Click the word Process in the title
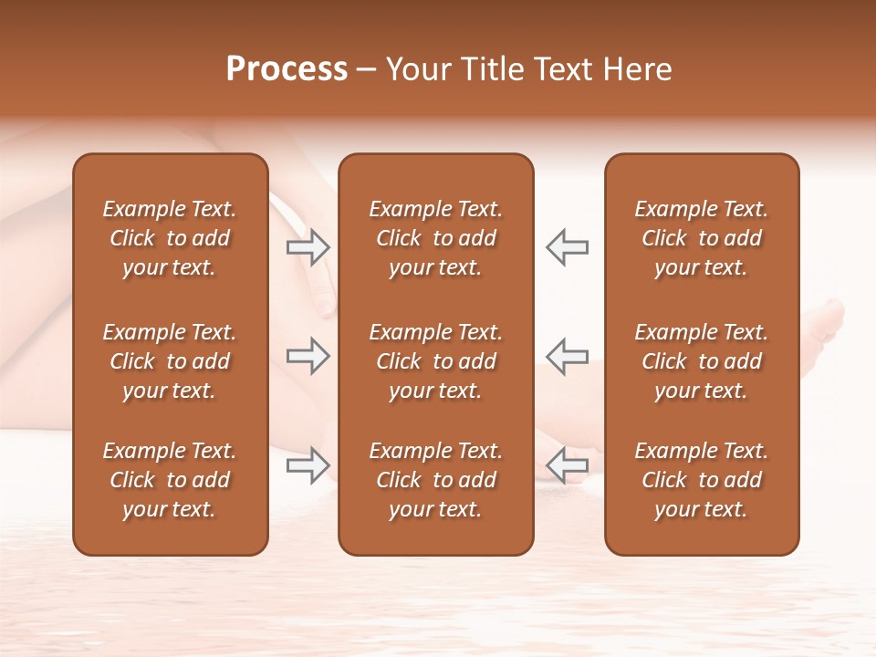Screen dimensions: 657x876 point(287,69)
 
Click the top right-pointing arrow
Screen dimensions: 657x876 point(308,246)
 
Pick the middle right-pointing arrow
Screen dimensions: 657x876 point(308,356)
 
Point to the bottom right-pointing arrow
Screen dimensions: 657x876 point(308,465)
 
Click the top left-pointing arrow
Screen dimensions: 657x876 point(567,246)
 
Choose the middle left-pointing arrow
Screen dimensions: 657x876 point(567,356)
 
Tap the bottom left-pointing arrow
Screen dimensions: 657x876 point(567,465)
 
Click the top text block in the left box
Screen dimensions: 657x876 point(170,238)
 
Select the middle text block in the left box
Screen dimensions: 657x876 point(170,361)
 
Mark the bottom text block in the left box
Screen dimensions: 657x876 point(170,480)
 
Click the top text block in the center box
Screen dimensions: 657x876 point(435,238)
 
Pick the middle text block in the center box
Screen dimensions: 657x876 point(435,361)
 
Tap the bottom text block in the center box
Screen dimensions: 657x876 point(435,480)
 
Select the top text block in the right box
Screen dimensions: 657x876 point(701,238)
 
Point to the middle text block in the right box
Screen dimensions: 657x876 point(701,361)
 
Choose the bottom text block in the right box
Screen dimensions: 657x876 point(701,480)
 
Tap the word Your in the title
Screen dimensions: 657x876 point(415,69)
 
